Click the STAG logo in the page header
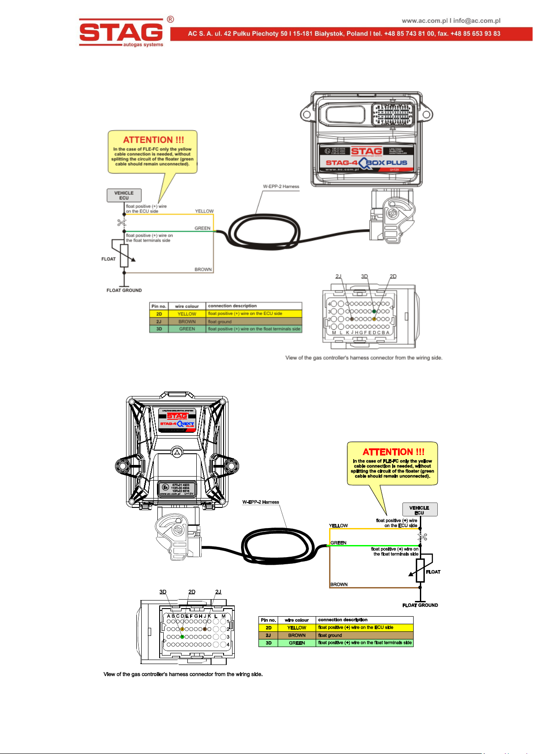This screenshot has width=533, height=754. (121, 32)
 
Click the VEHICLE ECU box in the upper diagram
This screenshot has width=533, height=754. (124, 196)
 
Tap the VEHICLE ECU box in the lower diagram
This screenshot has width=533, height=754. (419, 510)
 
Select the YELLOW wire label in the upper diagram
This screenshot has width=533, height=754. (204, 211)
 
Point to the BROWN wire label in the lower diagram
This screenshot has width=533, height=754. (339, 584)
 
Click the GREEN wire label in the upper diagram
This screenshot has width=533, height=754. (202, 228)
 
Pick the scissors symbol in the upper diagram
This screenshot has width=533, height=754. (121, 222)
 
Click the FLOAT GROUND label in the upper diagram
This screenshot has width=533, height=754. (124, 290)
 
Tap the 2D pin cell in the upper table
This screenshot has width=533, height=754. (159, 314)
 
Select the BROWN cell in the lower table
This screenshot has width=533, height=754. (297, 635)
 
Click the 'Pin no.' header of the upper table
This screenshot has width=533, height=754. (159, 307)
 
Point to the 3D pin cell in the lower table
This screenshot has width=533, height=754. (268, 643)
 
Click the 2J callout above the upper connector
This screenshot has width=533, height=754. (338, 276)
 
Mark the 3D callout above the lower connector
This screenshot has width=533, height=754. (163, 592)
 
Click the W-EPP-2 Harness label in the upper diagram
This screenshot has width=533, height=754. (281, 187)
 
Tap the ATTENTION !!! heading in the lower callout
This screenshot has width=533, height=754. (393, 452)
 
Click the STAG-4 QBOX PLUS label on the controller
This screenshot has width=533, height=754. (366, 163)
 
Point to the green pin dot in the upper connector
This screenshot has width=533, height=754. (374, 311)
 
